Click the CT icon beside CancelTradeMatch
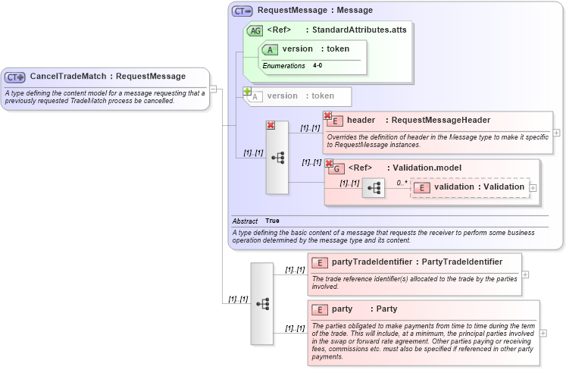point(15,77)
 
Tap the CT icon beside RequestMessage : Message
point(242,11)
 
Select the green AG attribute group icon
point(255,30)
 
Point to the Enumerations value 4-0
point(317,66)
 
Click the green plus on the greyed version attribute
point(246,91)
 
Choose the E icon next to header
point(334,121)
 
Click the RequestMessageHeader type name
point(440,120)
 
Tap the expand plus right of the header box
point(557,132)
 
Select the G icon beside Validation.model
point(334,168)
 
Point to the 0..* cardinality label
point(402,183)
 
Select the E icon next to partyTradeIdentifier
point(319,262)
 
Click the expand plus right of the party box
point(543,333)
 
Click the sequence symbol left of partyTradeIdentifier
point(262,303)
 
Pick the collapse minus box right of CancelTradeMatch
point(214,89)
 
